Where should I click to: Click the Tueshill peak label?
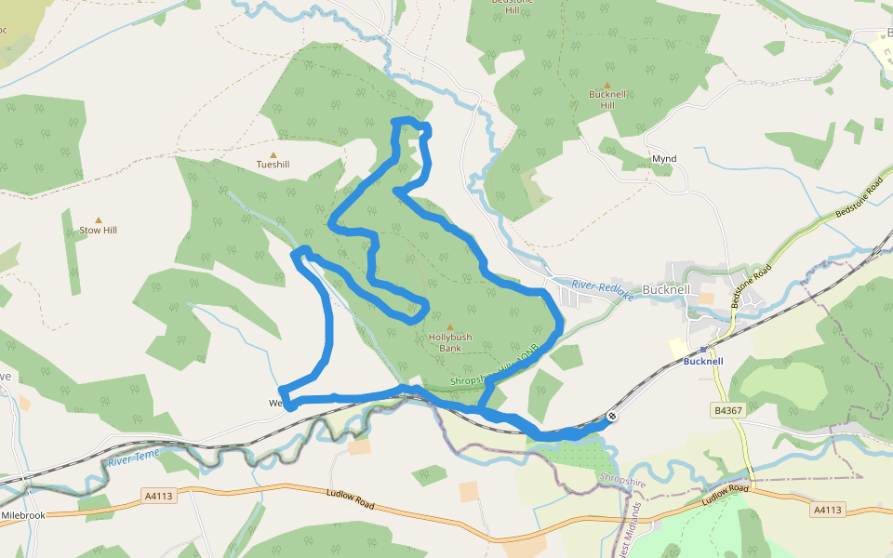click(273, 165)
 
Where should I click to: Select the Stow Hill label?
click(98, 230)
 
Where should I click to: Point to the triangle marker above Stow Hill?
click(98, 219)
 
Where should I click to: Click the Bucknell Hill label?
click(607, 100)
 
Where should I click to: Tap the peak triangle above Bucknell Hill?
click(607, 86)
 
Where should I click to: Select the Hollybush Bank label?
click(450, 342)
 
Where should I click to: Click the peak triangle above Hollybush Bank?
click(450, 327)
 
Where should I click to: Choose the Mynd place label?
click(664, 159)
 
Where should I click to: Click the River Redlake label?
click(602, 290)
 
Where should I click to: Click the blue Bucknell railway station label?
click(703, 361)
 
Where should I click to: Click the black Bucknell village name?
click(667, 290)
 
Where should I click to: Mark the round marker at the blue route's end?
click(612, 417)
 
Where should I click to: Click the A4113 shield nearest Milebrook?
click(158, 496)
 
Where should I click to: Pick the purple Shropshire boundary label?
click(622, 483)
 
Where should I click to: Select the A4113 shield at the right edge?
click(827, 510)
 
